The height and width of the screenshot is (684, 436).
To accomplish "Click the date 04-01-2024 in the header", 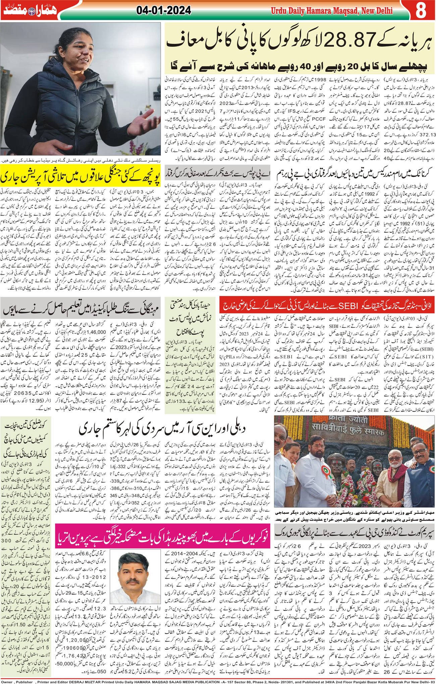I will tap(164, 11).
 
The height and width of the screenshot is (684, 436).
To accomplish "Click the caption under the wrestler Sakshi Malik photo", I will tap(81, 160).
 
